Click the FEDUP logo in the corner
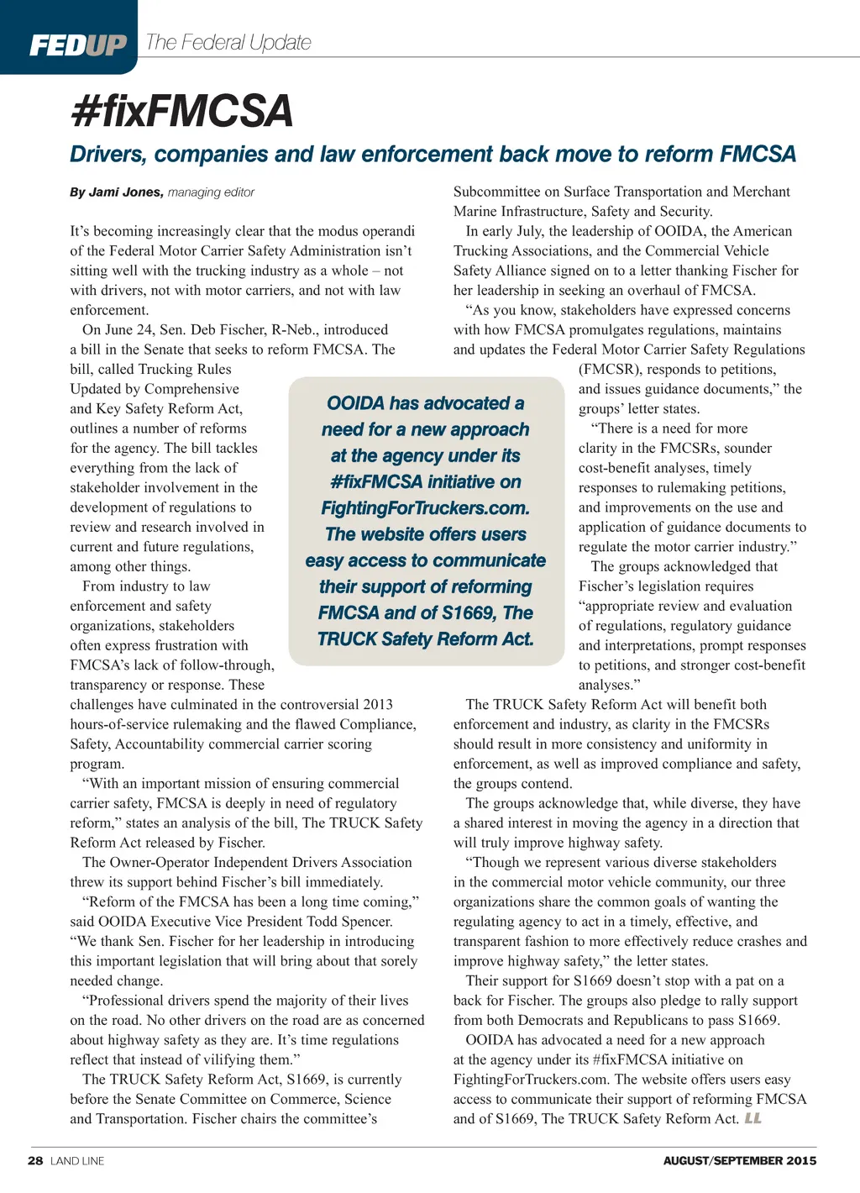click(x=77, y=45)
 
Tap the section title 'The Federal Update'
click(x=228, y=42)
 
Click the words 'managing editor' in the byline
click(x=211, y=192)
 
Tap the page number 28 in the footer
click(x=35, y=1160)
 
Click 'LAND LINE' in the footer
click(x=77, y=1161)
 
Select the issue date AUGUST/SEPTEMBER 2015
click(x=739, y=1161)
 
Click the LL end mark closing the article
click(x=752, y=1118)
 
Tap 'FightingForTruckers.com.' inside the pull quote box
click(x=425, y=508)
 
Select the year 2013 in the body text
click(x=378, y=705)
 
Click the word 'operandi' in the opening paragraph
click(x=385, y=231)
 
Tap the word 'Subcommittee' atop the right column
click(x=495, y=192)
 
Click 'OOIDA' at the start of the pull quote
click(x=355, y=403)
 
